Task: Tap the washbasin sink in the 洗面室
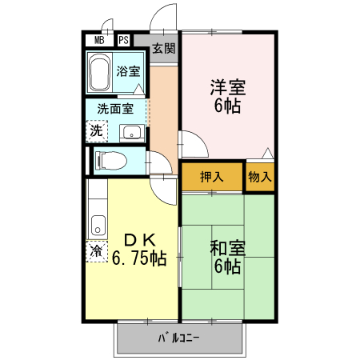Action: click(x=131, y=133)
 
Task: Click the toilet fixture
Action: click(x=111, y=161)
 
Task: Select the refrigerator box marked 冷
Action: click(x=96, y=251)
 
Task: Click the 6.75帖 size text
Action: click(x=139, y=259)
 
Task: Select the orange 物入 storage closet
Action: click(x=259, y=177)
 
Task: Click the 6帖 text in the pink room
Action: click(x=228, y=106)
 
